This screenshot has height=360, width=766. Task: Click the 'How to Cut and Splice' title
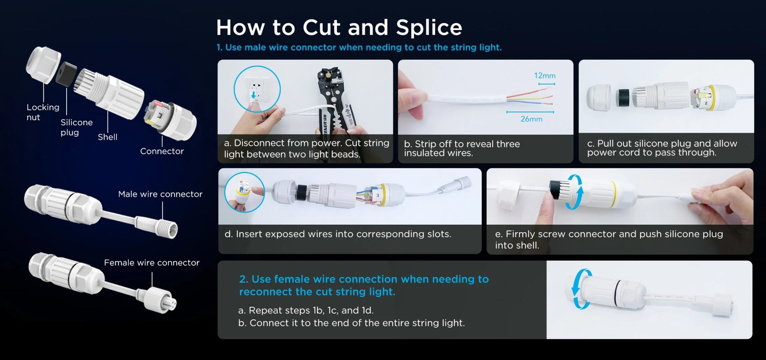pyautogui.click(x=339, y=28)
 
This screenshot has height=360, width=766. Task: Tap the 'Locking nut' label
pyautogui.click(x=43, y=112)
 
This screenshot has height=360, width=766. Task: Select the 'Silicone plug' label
pyautogui.click(x=77, y=127)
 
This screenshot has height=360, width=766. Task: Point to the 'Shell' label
pyautogui.click(x=108, y=137)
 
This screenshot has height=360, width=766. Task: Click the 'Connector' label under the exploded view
pyautogui.click(x=162, y=151)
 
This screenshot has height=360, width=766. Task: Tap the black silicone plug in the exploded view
pyautogui.click(x=66, y=73)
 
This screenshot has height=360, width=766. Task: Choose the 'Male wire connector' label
pyautogui.click(x=160, y=194)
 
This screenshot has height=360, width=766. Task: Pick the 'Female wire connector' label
pyautogui.click(x=152, y=263)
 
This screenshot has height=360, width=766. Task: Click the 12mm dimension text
pyautogui.click(x=545, y=75)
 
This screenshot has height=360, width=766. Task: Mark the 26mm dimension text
pyautogui.click(x=531, y=119)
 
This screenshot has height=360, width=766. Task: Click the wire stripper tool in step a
pyautogui.click(x=335, y=102)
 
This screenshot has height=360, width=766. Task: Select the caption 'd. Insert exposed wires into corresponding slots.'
pyautogui.click(x=338, y=234)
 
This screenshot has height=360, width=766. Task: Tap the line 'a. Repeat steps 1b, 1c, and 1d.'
pyautogui.click(x=306, y=310)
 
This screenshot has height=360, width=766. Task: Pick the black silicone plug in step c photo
pyautogui.click(x=622, y=98)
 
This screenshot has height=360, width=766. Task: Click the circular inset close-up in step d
pyautogui.click(x=245, y=192)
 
